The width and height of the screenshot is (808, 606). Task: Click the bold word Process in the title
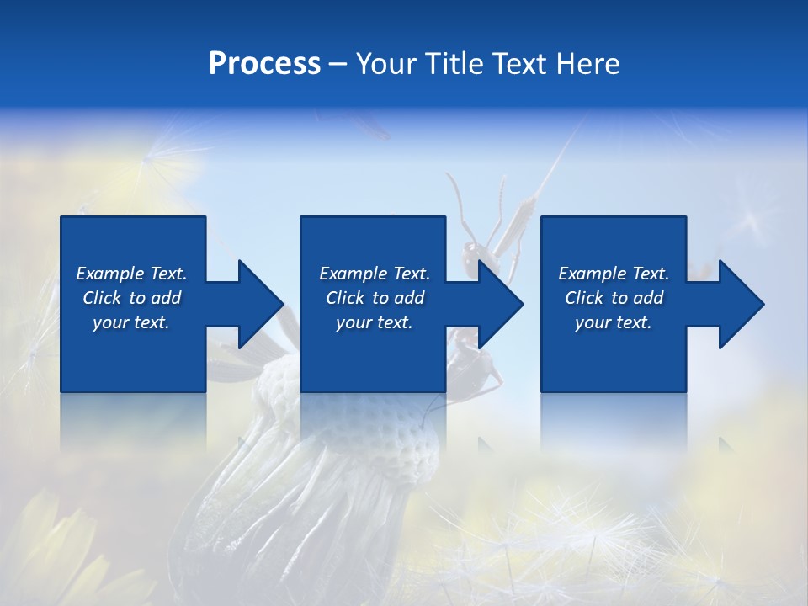pos(264,64)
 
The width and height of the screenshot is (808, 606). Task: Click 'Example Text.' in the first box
pos(131,274)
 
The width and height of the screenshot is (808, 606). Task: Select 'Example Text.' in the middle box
pos(375,274)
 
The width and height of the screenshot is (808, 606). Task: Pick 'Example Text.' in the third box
pos(614,274)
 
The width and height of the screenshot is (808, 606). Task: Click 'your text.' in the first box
pos(131,322)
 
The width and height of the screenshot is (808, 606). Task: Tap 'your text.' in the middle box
pos(375,322)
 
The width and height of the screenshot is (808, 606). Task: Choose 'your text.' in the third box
pos(614,322)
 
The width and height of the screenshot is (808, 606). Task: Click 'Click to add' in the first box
pos(131,298)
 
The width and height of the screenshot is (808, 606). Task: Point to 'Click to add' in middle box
pos(375,298)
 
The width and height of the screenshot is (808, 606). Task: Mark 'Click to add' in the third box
pos(614,298)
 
